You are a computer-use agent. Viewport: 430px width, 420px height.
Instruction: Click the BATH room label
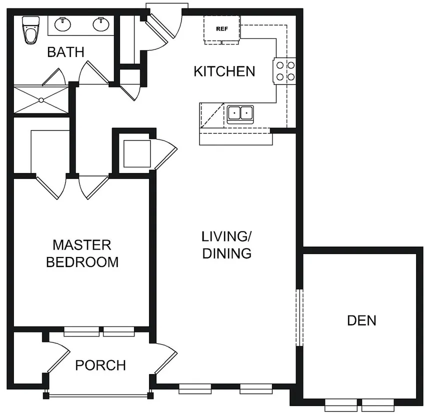(x=65, y=52)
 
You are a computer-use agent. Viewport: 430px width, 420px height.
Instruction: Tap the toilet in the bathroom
(x=30, y=30)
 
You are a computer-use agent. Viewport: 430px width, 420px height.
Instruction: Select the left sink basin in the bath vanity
(x=63, y=24)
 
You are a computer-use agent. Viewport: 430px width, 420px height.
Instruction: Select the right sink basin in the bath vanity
(x=101, y=24)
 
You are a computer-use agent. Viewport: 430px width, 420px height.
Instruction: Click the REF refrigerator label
(x=222, y=28)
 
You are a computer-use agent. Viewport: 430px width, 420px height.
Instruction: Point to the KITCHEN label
(x=224, y=71)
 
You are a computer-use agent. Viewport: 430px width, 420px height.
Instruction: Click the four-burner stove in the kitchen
(x=284, y=71)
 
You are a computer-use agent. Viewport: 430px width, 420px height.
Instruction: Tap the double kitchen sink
(x=240, y=113)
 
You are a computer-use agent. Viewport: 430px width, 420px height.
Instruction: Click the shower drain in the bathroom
(x=41, y=100)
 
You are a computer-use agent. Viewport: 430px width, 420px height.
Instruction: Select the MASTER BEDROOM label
(x=82, y=253)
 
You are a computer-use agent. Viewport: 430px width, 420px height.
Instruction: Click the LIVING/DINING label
(x=227, y=245)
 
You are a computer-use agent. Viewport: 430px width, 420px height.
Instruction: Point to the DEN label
(x=361, y=320)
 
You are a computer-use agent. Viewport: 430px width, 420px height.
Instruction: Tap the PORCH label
(x=100, y=365)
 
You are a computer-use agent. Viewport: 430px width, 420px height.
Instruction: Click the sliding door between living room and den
(x=299, y=317)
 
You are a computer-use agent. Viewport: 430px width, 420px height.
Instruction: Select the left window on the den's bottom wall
(x=341, y=405)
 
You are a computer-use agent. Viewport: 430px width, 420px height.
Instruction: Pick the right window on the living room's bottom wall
(x=256, y=388)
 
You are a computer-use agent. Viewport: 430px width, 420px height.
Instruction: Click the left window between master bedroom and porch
(x=81, y=331)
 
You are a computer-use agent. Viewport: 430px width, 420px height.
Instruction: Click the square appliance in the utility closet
(x=137, y=153)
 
